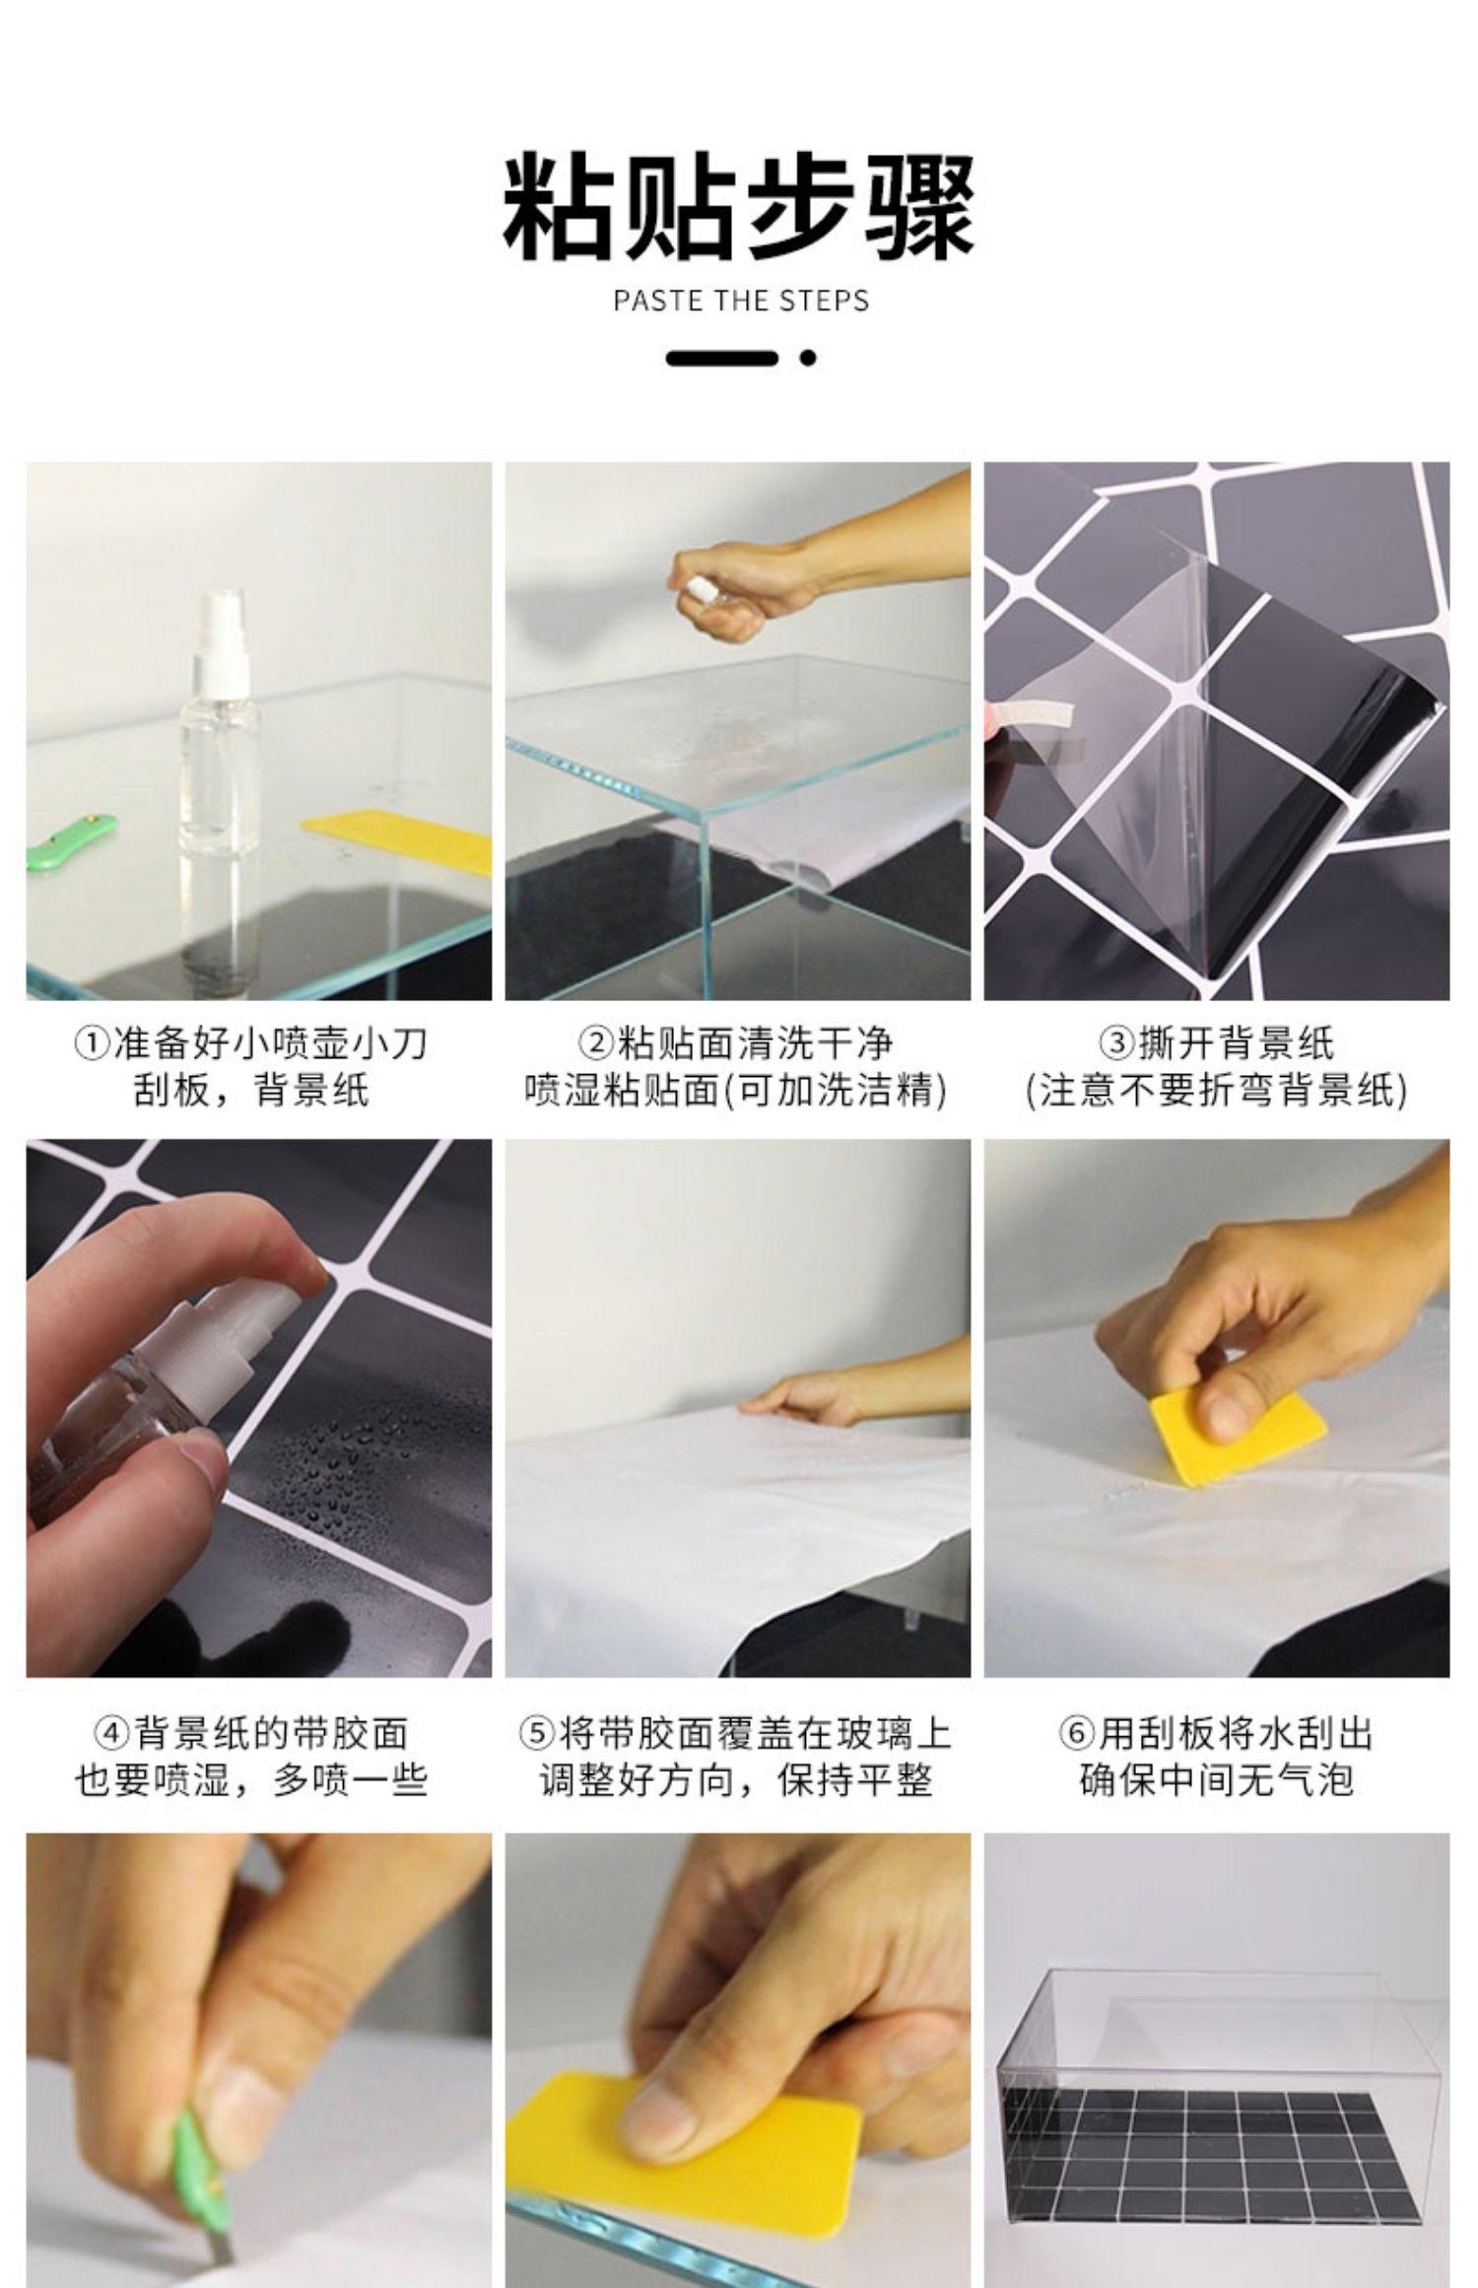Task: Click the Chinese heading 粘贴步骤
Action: coord(739,206)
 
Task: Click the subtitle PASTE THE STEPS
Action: coord(741,301)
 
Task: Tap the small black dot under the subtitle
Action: coord(808,358)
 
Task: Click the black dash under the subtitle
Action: coord(722,358)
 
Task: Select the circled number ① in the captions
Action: coord(94,1043)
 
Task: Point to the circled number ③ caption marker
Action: coord(1117,1043)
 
